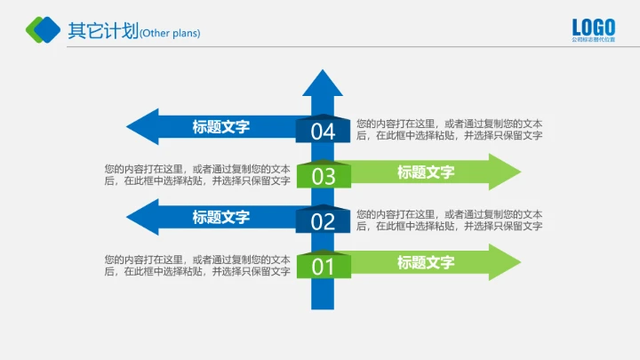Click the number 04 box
point(323,132)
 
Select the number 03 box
point(323,176)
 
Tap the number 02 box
point(323,221)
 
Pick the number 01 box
point(323,266)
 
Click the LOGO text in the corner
point(594,27)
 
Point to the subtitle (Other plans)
point(171,34)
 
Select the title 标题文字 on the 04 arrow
point(221,127)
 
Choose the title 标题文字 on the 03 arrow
point(426,172)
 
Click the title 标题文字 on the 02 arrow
point(221,217)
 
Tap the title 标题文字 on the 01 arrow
point(426,262)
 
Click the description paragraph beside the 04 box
point(449,130)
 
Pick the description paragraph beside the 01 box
point(197,265)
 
